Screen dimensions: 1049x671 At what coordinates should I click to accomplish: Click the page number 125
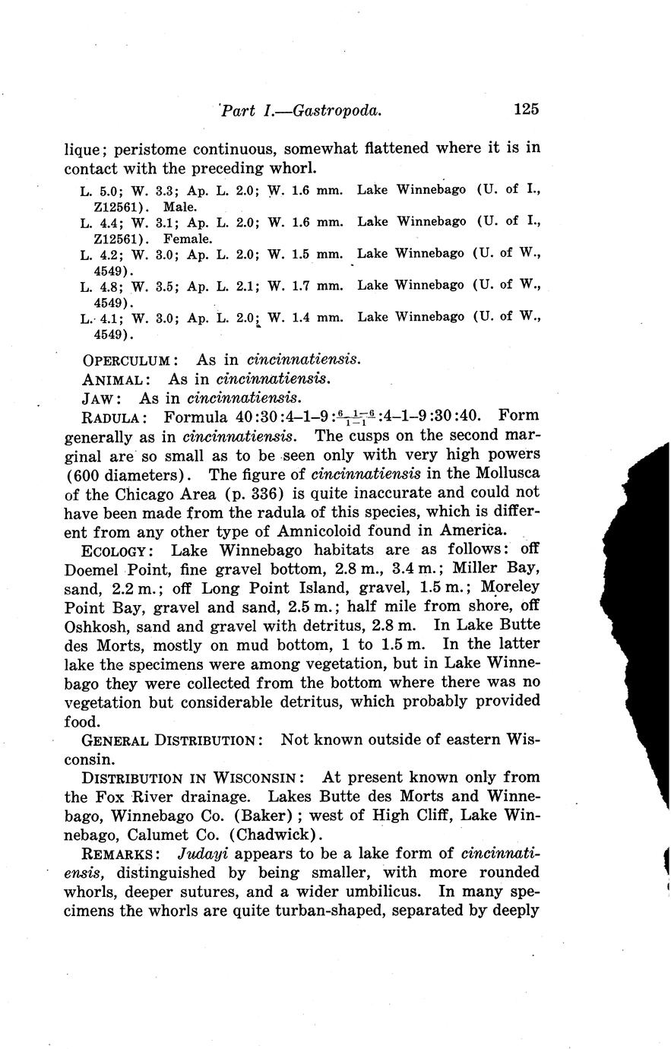(x=525, y=109)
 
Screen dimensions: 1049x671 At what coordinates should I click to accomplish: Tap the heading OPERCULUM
(x=130, y=360)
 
